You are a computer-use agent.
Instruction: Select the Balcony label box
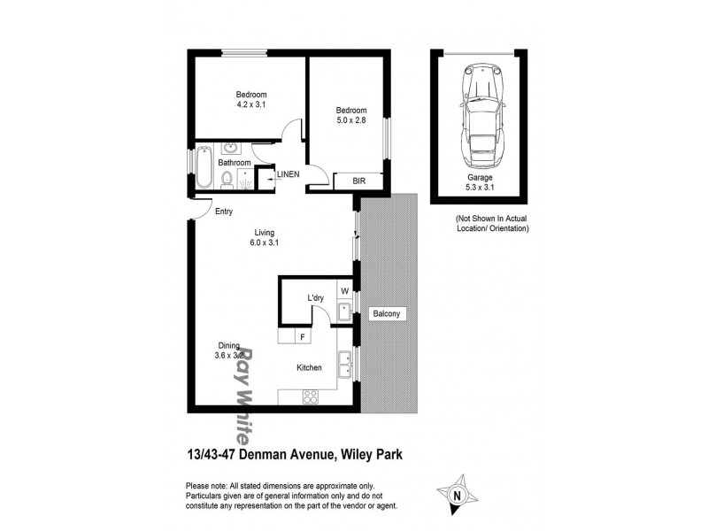tap(388, 313)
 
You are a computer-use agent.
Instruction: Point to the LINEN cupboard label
tap(289, 174)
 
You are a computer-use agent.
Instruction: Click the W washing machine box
tap(344, 290)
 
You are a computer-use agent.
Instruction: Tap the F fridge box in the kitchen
tap(302, 336)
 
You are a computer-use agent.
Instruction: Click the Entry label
tap(224, 212)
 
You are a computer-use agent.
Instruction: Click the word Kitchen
tap(309, 367)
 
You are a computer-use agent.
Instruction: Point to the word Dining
tap(230, 346)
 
